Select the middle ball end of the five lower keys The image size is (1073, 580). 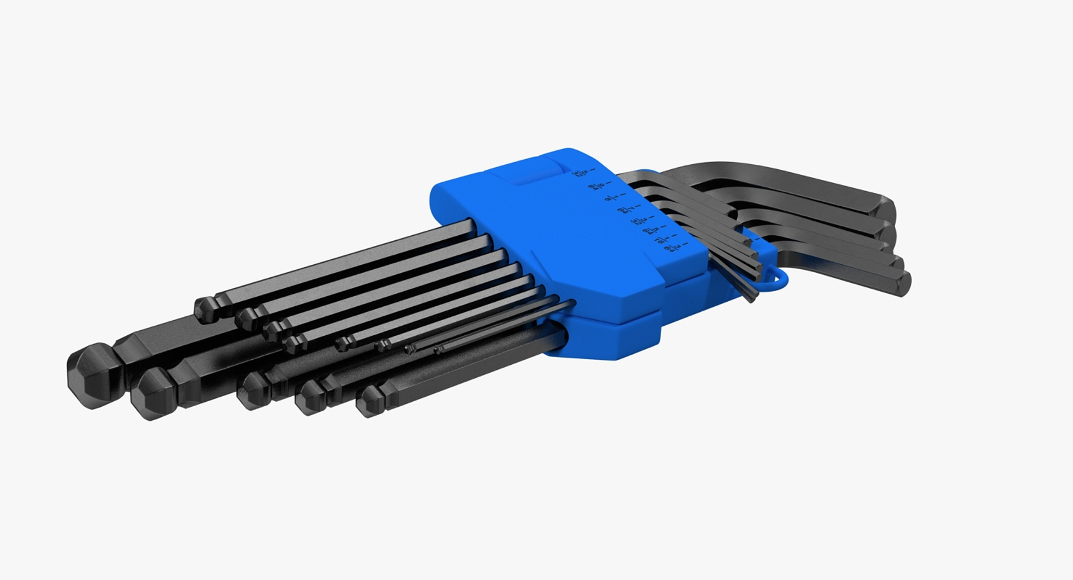[x=253, y=390]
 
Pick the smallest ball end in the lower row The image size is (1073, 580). [x=369, y=401]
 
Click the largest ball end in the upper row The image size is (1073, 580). [x=207, y=310]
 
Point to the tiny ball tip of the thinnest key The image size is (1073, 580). [x=438, y=350]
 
